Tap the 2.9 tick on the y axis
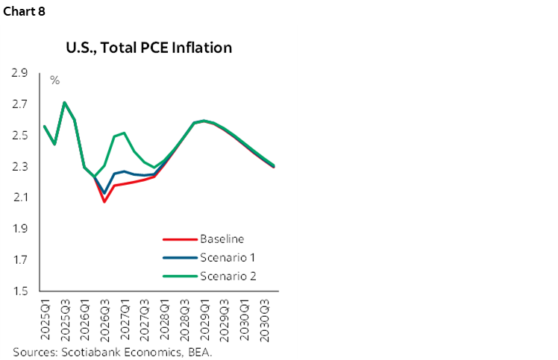point(19,73)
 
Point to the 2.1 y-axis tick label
point(19,198)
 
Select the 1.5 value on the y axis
point(19,291)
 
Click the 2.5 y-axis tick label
point(19,136)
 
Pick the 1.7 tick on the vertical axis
point(19,260)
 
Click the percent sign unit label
point(54,80)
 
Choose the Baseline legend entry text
point(222,239)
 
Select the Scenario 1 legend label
point(227,258)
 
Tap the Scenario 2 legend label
point(227,277)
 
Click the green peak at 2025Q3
point(65,102)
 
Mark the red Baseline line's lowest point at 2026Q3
point(104,201)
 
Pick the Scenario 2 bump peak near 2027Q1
point(124,133)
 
